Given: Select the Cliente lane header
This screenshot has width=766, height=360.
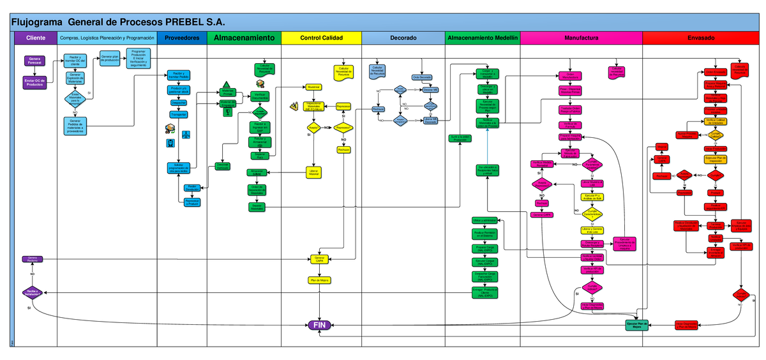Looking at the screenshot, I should point(36,38).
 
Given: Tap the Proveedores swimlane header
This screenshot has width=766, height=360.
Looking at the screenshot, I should point(182,38).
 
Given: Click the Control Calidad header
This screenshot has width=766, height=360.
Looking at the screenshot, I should point(321,38).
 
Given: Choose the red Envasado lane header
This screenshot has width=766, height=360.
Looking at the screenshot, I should point(701,38).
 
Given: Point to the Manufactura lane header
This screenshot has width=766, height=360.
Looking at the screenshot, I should point(581,38).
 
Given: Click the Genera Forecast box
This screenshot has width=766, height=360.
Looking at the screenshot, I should point(35,61).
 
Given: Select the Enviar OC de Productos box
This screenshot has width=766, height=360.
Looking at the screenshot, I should point(35,82).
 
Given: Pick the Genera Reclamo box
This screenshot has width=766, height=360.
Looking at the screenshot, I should point(33,259).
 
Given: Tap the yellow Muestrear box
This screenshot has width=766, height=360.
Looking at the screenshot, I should point(313,87).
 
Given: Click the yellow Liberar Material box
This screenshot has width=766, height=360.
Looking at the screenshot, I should point(313,172).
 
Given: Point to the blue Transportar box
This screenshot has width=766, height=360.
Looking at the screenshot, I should point(179,115).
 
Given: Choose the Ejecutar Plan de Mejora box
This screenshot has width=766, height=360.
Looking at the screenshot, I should point(636,326).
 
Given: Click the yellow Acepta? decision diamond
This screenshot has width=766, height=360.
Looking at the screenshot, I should point(313,128).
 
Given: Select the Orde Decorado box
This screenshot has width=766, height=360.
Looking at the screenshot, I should point(423,77).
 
